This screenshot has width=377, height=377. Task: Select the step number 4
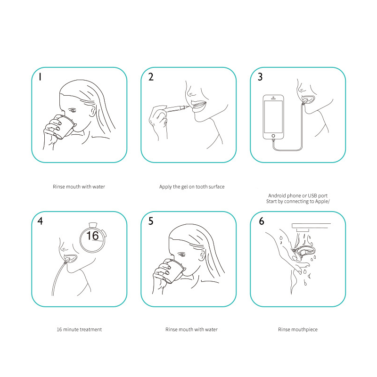click(x=41, y=221)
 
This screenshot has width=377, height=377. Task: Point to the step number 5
click(x=151, y=221)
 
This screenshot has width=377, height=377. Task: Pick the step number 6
click(x=261, y=221)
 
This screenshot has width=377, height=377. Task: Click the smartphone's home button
click(x=273, y=136)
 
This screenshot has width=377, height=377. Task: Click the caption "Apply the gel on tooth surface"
click(x=192, y=187)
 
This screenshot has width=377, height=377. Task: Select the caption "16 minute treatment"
click(x=79, y=329)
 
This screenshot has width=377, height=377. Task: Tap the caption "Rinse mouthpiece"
click(x=297, y=329)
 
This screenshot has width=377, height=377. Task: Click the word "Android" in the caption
click(x=277, y=195)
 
